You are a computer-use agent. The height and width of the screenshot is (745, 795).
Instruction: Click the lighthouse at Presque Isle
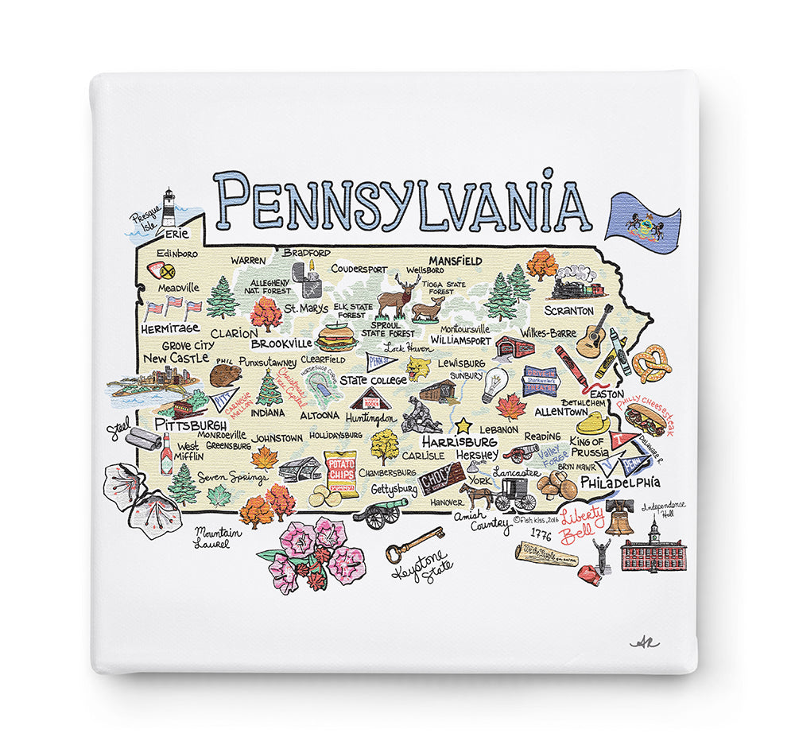pos(168,208)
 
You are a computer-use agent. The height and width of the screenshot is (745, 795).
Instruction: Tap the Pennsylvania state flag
pos(642,216)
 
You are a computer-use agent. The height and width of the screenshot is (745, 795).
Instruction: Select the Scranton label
pos(569,311)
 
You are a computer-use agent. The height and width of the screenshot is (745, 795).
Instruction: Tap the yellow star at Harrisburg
pos(462,425)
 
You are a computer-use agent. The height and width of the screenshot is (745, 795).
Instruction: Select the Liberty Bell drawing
pos(619,517)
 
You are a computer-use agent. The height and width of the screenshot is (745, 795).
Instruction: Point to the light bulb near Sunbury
pos(494,384)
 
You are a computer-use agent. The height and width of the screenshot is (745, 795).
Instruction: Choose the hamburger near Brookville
pos(336,338)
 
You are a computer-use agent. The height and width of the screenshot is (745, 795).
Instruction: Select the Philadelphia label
pos(620,482)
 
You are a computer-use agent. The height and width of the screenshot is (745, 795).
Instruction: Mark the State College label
pos(373,380)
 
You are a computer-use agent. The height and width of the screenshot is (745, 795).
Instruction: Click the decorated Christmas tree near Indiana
pos(269,388)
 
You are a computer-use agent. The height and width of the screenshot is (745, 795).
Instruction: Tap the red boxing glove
pos(589,574)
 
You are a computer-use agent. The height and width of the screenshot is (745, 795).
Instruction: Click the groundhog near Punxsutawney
pos(222,374)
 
